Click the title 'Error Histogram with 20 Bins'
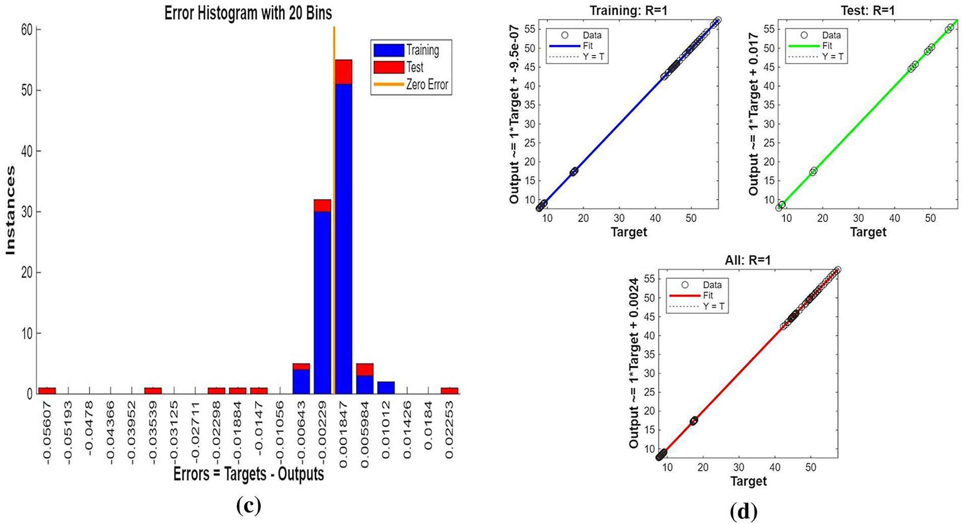248,13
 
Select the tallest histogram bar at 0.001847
343,227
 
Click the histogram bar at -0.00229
322,298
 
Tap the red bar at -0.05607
47,391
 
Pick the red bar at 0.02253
449,391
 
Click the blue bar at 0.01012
385,388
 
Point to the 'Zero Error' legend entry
427,84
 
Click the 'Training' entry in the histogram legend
422,50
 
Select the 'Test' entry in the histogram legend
415,67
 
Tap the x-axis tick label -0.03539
153,430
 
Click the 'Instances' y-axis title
10,211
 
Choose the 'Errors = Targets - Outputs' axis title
248,474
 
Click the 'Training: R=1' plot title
628,10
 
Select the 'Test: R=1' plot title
868,10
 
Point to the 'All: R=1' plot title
748,260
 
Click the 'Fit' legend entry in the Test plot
827,46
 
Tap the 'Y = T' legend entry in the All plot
714,306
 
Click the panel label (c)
248,506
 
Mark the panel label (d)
744,512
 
